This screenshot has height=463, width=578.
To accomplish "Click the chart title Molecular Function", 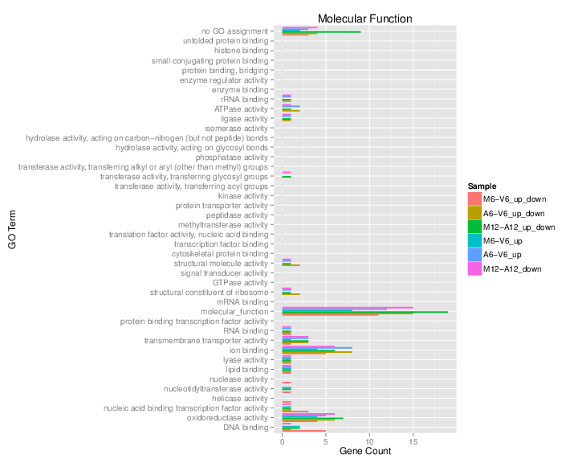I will tap(364, 18).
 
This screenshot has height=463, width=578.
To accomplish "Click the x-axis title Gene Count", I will tap(364, 451).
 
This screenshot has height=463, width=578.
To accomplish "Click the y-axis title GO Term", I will tap(12, 230).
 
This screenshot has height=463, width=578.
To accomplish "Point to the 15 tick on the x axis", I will tap(413, 440).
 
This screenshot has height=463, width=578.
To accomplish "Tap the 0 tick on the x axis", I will tap(283, 440).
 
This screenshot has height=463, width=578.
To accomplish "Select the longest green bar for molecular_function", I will tap(365, 311).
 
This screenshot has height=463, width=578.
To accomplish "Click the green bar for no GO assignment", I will tap(321, 31).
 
